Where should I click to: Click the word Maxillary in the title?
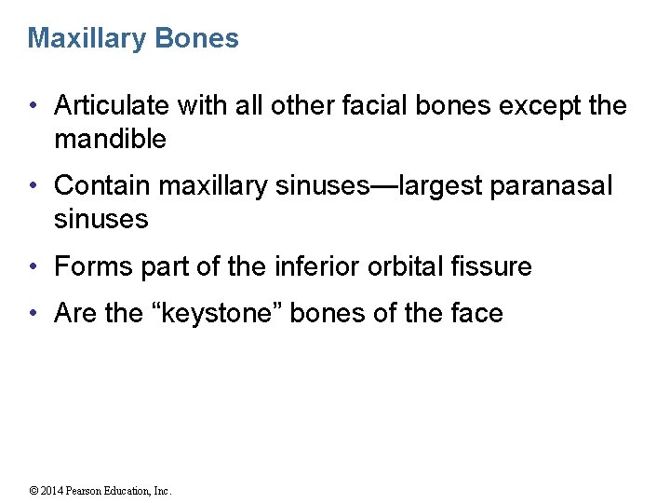coord(74,39)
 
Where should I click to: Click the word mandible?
coord(110,140)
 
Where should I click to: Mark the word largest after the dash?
coord(437,186)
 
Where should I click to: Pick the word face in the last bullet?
coord(476,314)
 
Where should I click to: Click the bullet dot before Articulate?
coord(33,107)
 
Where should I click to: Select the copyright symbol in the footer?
coord(33,491)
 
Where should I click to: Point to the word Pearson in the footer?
coord(90,491)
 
